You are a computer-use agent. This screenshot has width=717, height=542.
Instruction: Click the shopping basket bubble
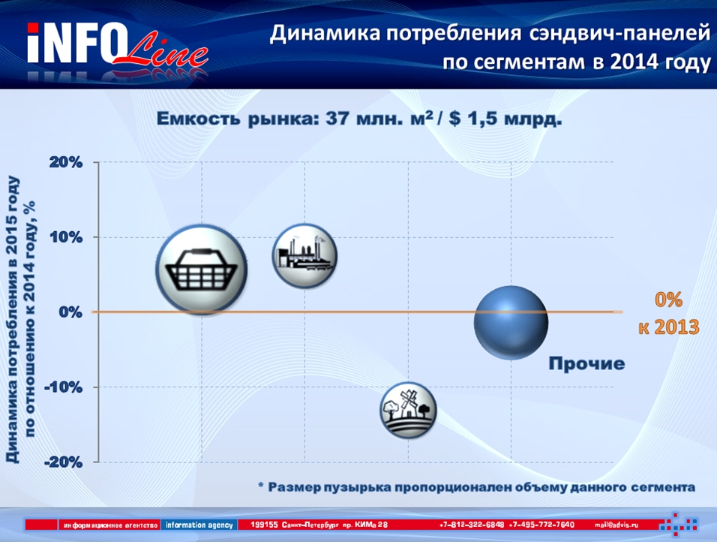tap(202, 269)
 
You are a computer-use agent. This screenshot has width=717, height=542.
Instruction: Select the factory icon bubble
tap(305, 256)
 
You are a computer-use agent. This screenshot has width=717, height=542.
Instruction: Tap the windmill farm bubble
tap(408, 410)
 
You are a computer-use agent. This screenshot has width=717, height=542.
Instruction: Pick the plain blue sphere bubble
tap(511, 323)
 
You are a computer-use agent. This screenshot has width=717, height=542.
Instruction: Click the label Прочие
tap(586, 363)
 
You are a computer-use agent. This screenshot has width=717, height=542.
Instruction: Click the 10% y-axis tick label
tap(66, 237)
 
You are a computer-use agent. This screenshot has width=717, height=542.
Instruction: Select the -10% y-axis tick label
tap(63, 387)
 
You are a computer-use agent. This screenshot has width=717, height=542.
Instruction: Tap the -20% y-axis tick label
tap(63, 462)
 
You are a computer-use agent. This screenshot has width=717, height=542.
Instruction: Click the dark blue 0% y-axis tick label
tap(70, 312)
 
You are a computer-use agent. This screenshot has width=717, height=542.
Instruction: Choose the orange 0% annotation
tap(668, 300)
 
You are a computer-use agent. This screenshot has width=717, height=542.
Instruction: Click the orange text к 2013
tap(669, 327)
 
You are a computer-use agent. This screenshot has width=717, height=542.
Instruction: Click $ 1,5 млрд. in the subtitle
tap(505, 119)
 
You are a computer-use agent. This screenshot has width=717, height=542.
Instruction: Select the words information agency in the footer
tap(199, 525)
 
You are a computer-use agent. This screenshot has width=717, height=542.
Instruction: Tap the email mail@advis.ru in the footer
tap(616, 525)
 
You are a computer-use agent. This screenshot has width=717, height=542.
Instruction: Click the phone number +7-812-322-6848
tap(472, 525)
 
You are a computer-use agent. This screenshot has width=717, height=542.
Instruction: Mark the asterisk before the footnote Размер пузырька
tap(261, 484)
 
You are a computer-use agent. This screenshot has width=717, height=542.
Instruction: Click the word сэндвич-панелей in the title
tap(619, 34)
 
